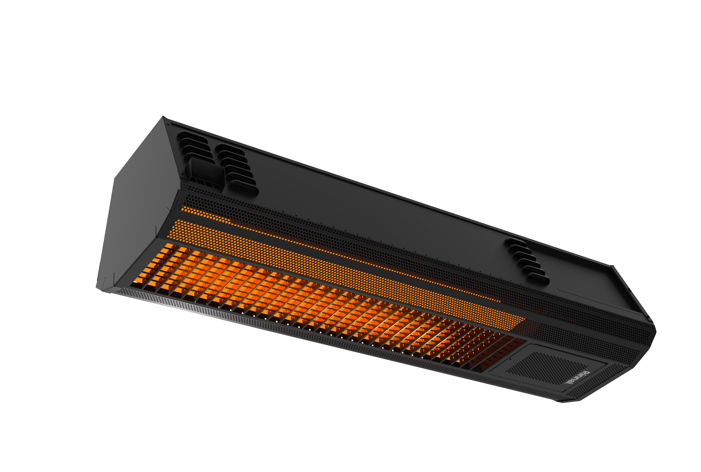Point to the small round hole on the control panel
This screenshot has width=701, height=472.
(510, 359)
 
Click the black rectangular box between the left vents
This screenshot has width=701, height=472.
(205, 174)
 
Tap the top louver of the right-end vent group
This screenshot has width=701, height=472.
(515, 241)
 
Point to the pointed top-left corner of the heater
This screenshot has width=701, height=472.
(163, 116)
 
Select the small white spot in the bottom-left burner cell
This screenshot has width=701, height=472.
(136, 282)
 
